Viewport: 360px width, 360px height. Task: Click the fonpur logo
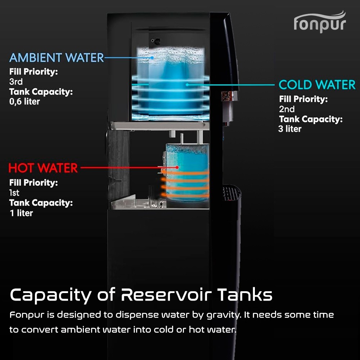click(x=320, y=22)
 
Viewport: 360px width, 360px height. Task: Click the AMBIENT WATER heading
click(x=57, y=58)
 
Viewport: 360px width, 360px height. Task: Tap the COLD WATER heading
click(x=317, y=85)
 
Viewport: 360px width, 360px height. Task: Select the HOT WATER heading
click(x=43, y=168)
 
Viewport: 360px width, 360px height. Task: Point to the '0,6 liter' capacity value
click(x=24, y=102)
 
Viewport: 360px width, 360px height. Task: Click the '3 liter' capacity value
click(x=290, y=129)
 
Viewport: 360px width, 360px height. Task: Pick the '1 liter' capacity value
click(x=21, y=213)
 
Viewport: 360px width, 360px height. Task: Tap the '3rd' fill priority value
click(x=16, y=81)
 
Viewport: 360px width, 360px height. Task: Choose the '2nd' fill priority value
click(x=287, y=109)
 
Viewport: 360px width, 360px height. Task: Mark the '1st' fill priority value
click(x=14, y=193)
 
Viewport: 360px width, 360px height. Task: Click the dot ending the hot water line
click(x=177, y=167)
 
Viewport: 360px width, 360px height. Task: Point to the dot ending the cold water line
click(x=187, y=85)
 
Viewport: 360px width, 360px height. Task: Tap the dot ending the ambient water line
click(x=152, y=58)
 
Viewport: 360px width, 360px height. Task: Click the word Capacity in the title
click(x=50, y=296)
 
